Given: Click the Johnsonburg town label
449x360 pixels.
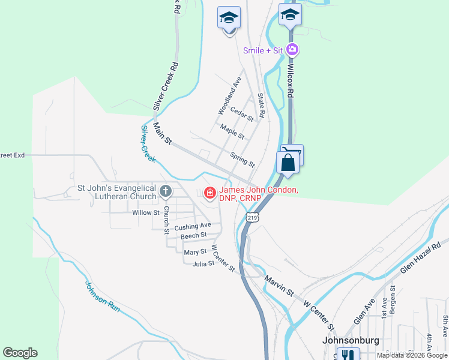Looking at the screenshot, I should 347,340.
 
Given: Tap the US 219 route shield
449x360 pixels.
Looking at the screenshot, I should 253,219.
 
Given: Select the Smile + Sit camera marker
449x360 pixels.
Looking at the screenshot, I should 292,50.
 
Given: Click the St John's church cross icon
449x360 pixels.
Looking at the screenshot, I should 166,192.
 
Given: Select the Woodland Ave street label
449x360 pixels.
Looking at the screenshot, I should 229,95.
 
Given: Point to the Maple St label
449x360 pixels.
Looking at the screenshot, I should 232,131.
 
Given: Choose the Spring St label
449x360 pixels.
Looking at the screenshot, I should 243,160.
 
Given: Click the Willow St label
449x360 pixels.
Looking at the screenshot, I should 146,212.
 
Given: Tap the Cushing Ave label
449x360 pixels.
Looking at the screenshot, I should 193,226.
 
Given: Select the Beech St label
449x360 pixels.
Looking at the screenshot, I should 193,236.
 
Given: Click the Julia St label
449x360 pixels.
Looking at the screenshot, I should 203,262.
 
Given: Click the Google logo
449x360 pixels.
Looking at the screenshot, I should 20,353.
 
